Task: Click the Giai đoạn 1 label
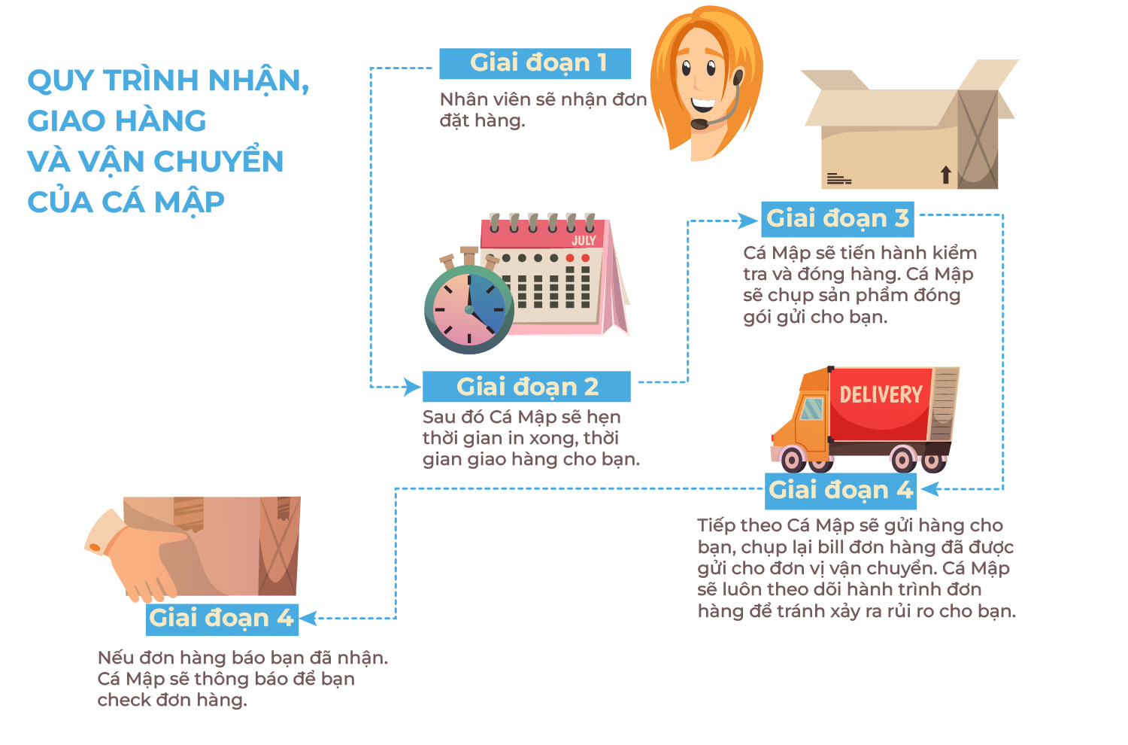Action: [535, 63]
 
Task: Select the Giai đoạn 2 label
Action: [526, 387]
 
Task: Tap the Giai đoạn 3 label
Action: [837, 219]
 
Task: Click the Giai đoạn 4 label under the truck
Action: [840, 491]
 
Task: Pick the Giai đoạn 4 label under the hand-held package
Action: [222, 619]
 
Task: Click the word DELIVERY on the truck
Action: [881, 394]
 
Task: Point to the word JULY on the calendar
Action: [584, 241]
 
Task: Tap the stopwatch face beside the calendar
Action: [468, 309]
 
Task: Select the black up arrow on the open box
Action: [946, 175]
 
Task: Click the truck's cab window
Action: [811, 409]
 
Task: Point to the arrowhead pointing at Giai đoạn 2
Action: [413, 387]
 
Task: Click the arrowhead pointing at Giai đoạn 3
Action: [748, 220]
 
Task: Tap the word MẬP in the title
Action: [189, 202]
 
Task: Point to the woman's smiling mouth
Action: [702, 105]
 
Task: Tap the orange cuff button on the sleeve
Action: [94, 547]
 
